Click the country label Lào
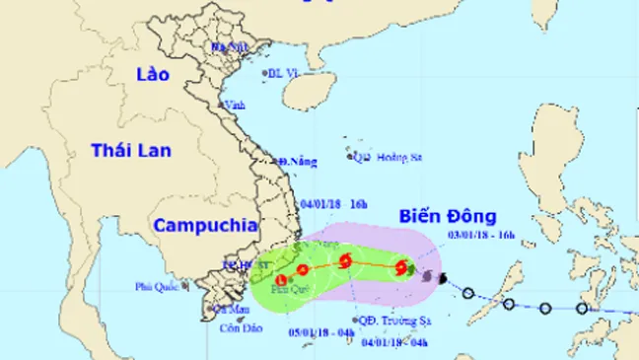click(x=153, y=75)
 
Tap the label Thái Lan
click(x=130, y=150)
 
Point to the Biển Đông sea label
click(x=447, y=216)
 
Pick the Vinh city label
click(x=235, y=106)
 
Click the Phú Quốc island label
click(x=157, y=287)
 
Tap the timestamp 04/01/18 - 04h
click(x=394, y=342)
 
